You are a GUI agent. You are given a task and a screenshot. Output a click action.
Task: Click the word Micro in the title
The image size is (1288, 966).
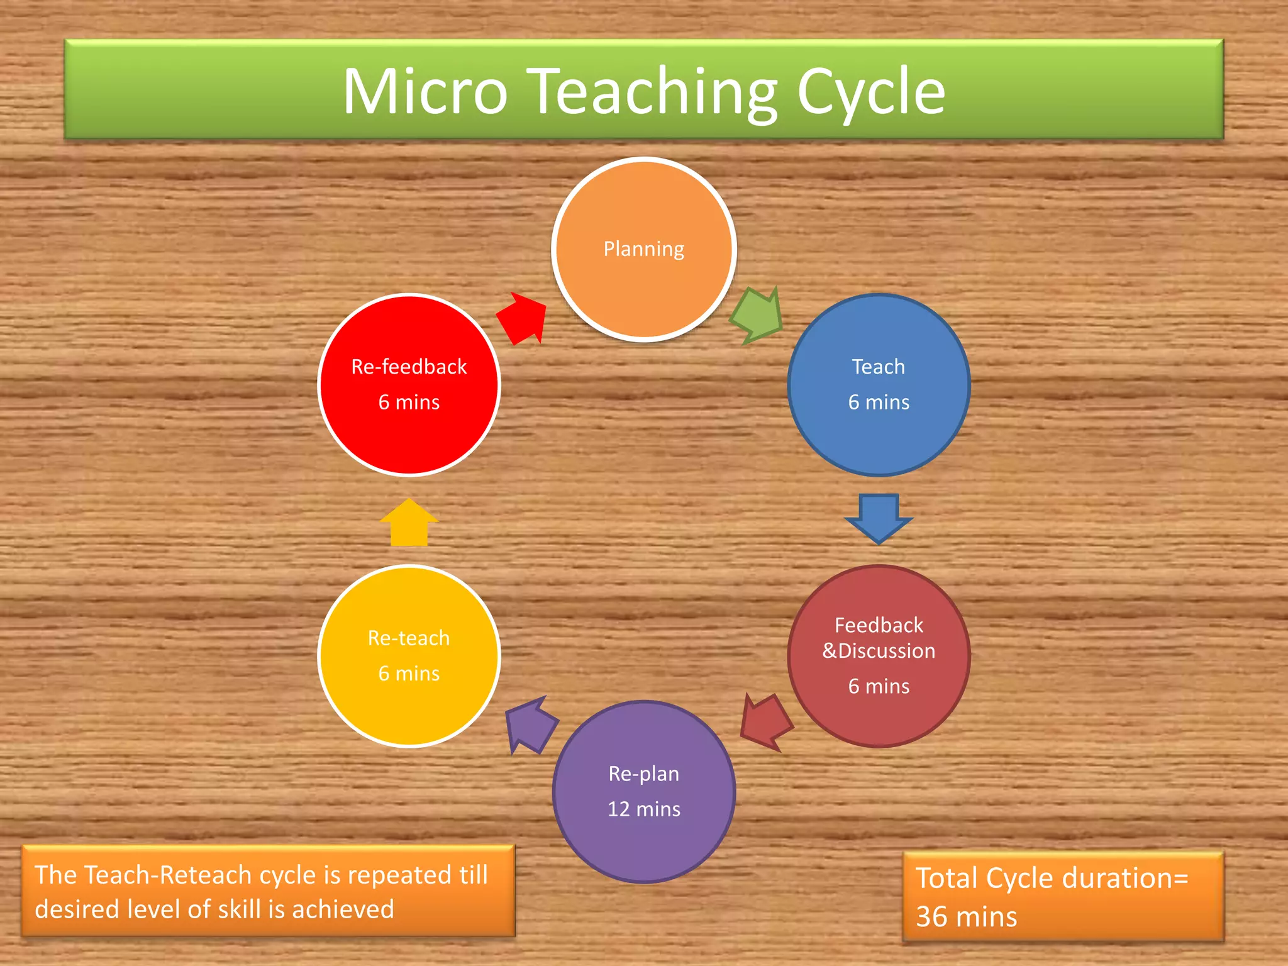point(425,92)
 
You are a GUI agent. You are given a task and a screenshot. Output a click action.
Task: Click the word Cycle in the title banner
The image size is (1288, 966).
point(871,92)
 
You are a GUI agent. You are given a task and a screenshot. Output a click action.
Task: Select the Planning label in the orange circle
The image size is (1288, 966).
point(643,249)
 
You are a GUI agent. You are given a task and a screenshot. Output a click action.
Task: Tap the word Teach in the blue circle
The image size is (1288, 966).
point(878,367)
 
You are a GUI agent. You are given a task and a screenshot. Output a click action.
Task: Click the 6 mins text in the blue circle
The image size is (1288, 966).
point(878,402)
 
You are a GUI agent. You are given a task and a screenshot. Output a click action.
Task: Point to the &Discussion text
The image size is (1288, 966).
point(878,651)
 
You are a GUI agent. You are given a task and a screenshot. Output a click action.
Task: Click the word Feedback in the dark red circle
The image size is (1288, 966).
point(878,625)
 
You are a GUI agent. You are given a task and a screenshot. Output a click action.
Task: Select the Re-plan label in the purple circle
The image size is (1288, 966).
point(643,774)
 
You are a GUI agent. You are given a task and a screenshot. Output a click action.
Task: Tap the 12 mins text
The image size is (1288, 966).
point(643,809)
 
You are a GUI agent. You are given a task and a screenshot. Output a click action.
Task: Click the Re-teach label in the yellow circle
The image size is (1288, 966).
point(409,638)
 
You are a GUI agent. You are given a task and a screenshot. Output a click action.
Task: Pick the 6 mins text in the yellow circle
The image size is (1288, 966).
point(409,674)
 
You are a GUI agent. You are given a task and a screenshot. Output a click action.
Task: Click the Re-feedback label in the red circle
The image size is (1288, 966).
point(409,367)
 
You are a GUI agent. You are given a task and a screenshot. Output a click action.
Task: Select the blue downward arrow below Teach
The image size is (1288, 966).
point(879,517)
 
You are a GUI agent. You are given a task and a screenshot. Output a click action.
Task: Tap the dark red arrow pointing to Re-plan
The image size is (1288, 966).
point(765,722)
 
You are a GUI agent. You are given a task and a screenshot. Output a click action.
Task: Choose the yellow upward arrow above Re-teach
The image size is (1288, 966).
point(409,523)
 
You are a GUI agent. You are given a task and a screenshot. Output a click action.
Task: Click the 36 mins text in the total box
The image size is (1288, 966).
point(966,917)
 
